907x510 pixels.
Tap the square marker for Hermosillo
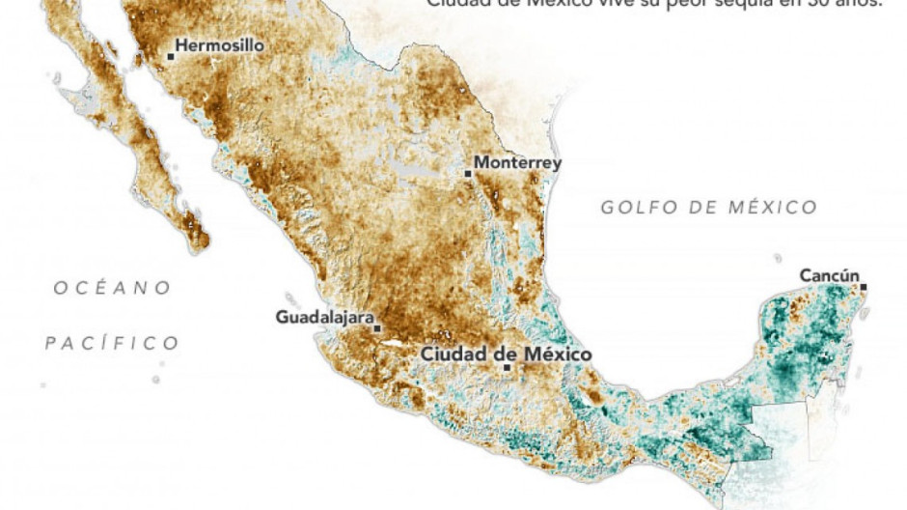(171, 56)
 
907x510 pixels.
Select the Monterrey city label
(517, 163)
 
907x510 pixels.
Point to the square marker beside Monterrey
(468, 174)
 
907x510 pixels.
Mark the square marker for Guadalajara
(377, 328)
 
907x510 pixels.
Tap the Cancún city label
(829, 276)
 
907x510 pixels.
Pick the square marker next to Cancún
(864, 287)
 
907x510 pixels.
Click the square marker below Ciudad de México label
(508, 367)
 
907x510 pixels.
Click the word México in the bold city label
(557, 354)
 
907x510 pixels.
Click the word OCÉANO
(113, 288)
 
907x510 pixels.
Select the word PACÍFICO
(113, 343)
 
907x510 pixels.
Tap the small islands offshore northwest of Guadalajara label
(289, 298)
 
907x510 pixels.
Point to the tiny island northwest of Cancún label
(778, 258)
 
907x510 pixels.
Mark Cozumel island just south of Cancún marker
(866, 314)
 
